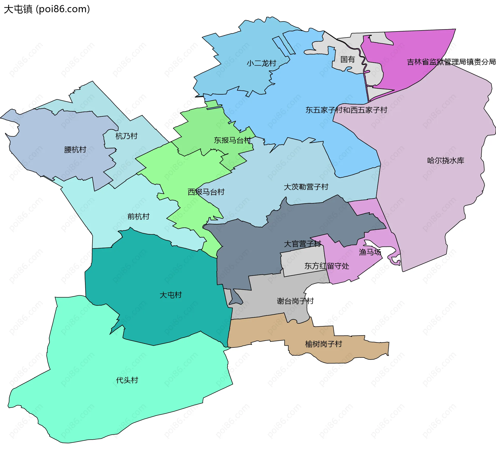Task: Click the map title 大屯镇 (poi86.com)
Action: tap(47, 9)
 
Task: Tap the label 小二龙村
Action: tap(261, 63)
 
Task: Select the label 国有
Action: tap(347, 60)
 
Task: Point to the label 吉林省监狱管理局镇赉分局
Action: tap(451, 62)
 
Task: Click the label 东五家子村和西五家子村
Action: tap(346, 110)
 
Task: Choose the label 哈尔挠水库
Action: tap(445, 161)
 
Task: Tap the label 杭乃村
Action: tap(126, 136)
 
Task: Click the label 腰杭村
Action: tap(75, 150)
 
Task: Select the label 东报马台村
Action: tap(232, 140)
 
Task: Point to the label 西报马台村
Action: tap(206, 192)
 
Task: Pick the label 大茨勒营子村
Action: tap(306, 187)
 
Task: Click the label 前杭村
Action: tap(138, 217)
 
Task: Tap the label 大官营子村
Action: tap(302, 244)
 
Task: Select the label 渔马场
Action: tap(370, 252)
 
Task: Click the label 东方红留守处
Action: tap(327, 266)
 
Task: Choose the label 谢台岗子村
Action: tap(295, 301)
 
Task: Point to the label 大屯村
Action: tap(171, 295)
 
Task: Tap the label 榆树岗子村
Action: tap(323, 344)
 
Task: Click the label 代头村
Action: tap(127, 380)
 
